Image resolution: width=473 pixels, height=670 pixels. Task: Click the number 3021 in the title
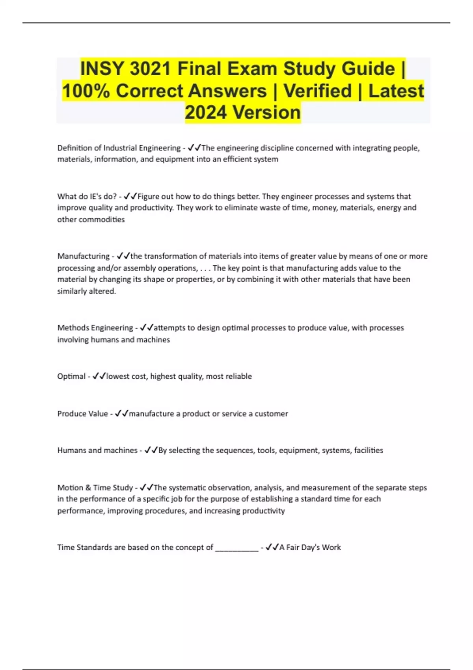(150, 69)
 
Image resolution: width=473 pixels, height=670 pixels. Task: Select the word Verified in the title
(317, 91)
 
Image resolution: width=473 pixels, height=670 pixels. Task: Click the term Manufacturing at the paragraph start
(83, 256)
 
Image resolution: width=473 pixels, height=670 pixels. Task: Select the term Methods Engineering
(95, 328)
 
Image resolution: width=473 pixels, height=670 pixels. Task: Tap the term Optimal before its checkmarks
(71, 376)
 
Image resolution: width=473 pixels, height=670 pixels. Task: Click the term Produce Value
(82, 414)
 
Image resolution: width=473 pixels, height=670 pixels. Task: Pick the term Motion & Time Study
(95, 488)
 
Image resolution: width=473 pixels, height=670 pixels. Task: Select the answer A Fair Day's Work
(310, 547)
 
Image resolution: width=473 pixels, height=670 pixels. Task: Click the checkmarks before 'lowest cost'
(99, 376)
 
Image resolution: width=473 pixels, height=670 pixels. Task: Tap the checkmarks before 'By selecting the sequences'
(151, 450)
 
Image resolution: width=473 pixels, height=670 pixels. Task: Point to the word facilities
(368, 450)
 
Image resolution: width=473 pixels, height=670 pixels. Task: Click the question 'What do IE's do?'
(87, 196)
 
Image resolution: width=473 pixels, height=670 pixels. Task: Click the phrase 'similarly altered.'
(87, 291)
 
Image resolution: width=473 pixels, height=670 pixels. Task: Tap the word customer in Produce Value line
(271, 414)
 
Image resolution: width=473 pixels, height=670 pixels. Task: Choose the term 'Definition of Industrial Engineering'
(119, 148)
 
